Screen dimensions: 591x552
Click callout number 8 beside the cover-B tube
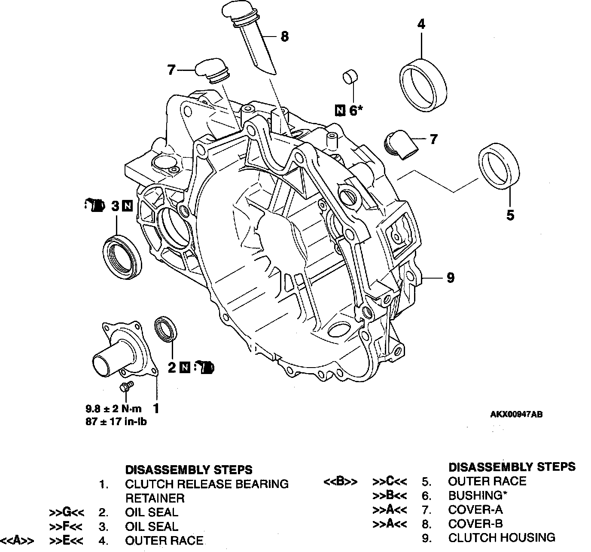click(x=284, y=37)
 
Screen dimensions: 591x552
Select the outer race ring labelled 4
click(x=423, y=85)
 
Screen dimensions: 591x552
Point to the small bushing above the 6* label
click(x=350, y=77)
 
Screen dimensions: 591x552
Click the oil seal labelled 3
click(x=122, y=257)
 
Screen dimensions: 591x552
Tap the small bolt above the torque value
click(x=126, y=386)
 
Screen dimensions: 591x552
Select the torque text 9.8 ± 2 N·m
click(x=114, y=409)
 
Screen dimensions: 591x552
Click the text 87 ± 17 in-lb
click(x=116, y=421)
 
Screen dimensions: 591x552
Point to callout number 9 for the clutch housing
click(x=451, y=278)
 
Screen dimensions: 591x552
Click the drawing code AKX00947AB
click(x=516, y=414)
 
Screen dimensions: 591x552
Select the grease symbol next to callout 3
click(x=94, y=205)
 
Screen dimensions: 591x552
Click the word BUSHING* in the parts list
click(x=478, y=495)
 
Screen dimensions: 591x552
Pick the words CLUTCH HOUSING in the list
click(x=502, y=538)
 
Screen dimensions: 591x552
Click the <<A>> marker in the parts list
click(x=17, y=540)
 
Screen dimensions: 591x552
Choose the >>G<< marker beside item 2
click(x=67, y=512)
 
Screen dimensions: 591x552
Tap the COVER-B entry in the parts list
click(x=475, y=523)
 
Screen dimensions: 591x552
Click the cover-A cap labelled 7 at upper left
click(x=212, y=71)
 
